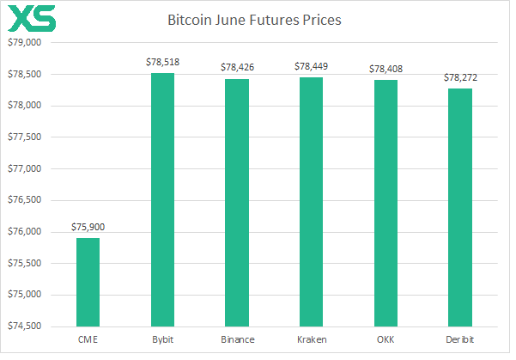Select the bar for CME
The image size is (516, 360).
click(x=88, y=282)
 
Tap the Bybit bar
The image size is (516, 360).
click(x=162, y=199)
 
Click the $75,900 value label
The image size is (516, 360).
click(x=88, y=228)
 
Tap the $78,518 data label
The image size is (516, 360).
click(x=162, y=63)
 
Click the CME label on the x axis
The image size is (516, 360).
click(x=88, y=340)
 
